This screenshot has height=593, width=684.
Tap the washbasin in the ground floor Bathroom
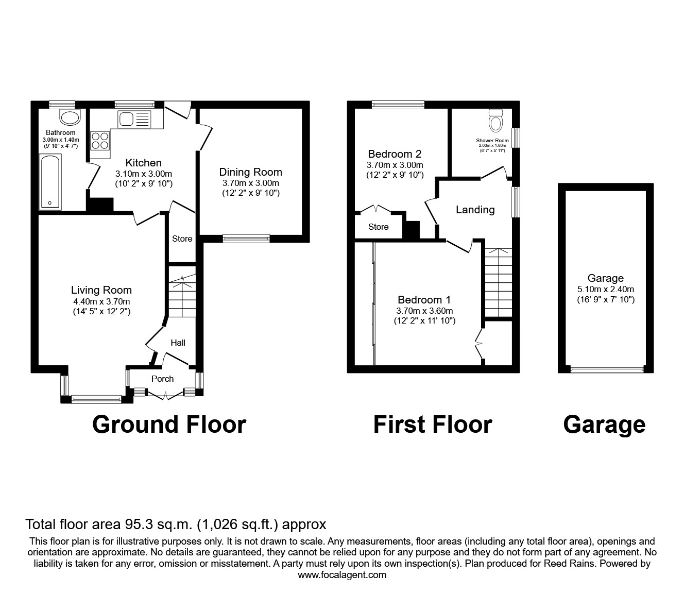tap(70, 117)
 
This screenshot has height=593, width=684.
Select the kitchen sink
tap(133, 120)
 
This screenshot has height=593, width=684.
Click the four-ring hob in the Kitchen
tap(100, 140)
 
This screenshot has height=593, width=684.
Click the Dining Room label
tap(251, 172)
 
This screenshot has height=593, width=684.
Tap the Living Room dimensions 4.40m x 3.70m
tap(101, 301)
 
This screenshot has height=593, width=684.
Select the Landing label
tap(475, 210)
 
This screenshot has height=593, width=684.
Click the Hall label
tap(178, 343)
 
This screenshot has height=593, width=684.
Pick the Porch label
tap(162, 379)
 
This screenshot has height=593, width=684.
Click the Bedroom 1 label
tap(424, 300)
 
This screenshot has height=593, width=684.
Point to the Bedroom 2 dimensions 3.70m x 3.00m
tap(395, 165)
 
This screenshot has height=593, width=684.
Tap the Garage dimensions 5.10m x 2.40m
tap(606, 289)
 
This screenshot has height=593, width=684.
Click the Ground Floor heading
tap(169, 425)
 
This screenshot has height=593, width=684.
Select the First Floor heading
tap(433, 425)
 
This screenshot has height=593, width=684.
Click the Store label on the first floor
tap(378, 227)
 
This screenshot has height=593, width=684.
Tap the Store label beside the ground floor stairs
tap(182, 239)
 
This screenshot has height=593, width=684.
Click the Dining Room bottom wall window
tap(246, 238)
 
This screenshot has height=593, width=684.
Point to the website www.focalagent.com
tap(342, 575)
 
